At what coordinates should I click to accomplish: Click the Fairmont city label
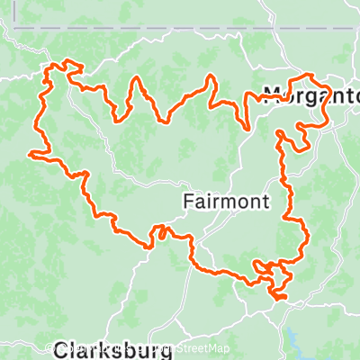click(x=225, y=202)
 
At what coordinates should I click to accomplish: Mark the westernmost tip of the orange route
click(x=32, y=154)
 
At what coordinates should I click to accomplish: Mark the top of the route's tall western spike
click(x=138, y=77)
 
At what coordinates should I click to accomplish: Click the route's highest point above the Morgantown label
click(x=309, y=76)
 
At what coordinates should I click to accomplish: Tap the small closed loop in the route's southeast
click(x=263, y=266)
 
